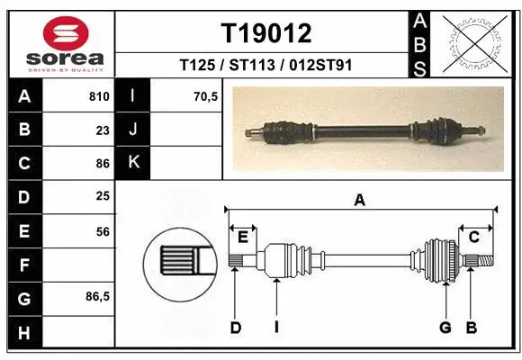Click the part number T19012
point(266,33)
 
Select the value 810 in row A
point(99,96)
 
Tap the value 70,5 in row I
point(206,96)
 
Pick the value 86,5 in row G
point(98,296)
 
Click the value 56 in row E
point(102,231)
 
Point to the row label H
point(23,333)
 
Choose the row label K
point(134,163)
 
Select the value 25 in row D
point(102,195)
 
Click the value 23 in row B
point(102,130)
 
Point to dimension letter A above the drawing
point(359,201)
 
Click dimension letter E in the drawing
point(242,237)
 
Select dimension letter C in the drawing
point(473,237)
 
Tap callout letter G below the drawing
point(445,328)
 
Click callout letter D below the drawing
point(236,328)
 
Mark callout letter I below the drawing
point(276,328)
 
